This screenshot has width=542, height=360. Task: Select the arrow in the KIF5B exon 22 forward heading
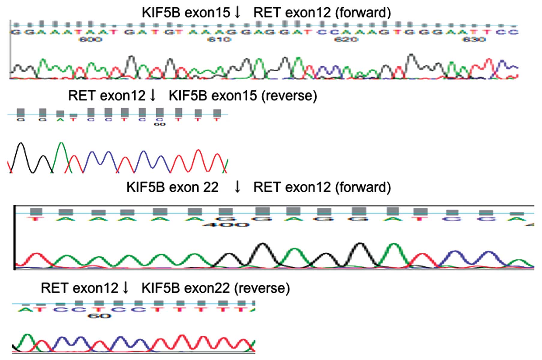237,187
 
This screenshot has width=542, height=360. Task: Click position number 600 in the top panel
90,39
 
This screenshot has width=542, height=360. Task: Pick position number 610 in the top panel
219,39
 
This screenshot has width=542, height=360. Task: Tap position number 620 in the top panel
346,39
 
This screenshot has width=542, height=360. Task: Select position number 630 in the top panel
474,39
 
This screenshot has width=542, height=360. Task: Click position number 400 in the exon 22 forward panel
226,225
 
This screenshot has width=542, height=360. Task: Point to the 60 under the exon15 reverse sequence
160,124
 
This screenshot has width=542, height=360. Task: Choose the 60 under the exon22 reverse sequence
99,316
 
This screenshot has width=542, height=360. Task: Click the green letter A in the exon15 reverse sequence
60,120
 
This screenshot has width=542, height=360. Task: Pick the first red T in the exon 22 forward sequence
35,219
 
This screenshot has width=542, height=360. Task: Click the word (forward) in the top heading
363,13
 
